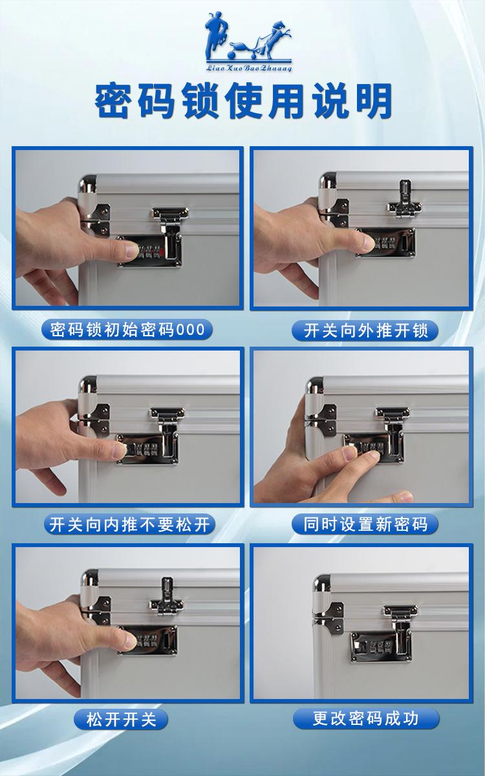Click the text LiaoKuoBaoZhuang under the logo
click(x=248, y=67)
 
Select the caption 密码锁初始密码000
click(x=127, y=330)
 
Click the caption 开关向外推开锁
click(x=366, y=331)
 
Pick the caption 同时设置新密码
click(x=366, y=524)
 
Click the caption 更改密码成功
click(x=366, y=718)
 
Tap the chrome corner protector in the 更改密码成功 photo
click(x=321, y=583)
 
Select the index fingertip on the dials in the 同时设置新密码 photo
click(x=369, y=457)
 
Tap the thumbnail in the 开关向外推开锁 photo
click(x=366, y=244)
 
